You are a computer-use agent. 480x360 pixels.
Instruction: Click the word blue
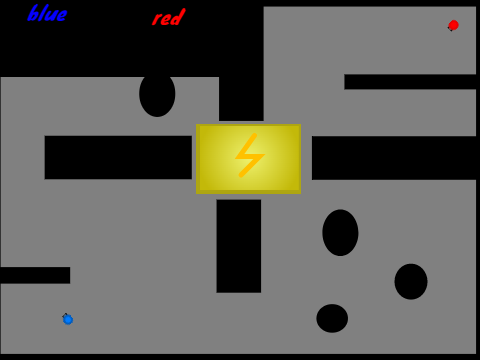coord(47,13)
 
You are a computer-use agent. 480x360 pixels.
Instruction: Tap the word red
coord(169,17)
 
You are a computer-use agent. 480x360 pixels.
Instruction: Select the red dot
coord(453,25)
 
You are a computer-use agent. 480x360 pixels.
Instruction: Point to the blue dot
coord(68,320)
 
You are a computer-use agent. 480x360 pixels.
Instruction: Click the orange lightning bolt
coord(250,155)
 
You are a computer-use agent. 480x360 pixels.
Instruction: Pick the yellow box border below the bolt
coord(248,192)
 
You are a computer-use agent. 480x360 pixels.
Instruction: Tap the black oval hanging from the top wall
coord(157,96)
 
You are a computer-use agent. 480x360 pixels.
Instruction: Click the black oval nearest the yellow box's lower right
coord(340,233)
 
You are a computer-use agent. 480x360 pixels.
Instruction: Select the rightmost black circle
coord(411,282)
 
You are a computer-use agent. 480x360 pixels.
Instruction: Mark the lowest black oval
coord(332,318)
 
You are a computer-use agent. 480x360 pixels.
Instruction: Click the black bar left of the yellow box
coord(118,157)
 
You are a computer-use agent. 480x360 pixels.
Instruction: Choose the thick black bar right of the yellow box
coord(394,158)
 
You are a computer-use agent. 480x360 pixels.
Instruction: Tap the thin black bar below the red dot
coord(410,82)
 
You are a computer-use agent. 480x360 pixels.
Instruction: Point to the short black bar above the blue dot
coord(35,275)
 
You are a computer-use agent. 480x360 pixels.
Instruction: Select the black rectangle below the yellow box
coord(239,246)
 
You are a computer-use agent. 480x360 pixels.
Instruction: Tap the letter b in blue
coord(33,13)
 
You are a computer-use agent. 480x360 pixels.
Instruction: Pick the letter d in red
coord(179,17)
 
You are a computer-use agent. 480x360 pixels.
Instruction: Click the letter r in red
coord(156,19)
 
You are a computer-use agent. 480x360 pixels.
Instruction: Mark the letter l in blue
coord(44,13)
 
